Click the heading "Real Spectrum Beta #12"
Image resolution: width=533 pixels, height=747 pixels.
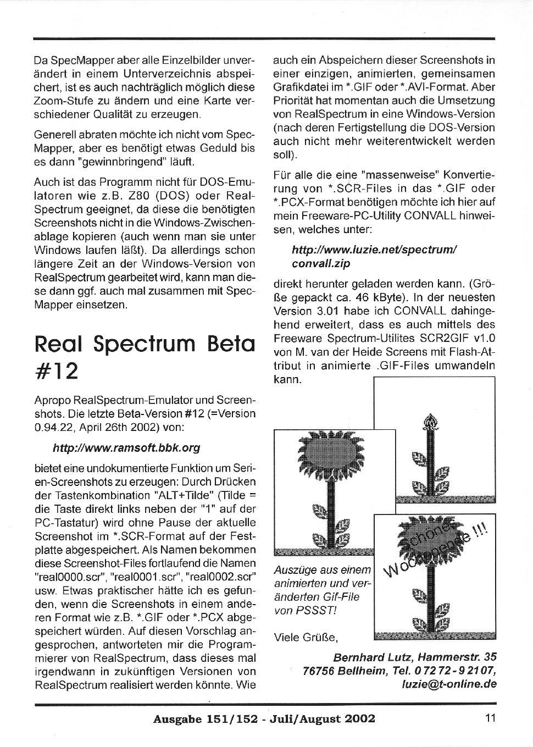145,357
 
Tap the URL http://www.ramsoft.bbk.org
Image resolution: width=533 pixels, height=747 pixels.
126,448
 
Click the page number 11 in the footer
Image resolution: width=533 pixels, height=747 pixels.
490,718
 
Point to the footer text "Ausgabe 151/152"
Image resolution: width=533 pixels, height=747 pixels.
205,719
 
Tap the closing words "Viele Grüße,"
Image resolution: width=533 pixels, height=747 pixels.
306,638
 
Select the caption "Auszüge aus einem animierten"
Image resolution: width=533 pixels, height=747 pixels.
323,577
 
